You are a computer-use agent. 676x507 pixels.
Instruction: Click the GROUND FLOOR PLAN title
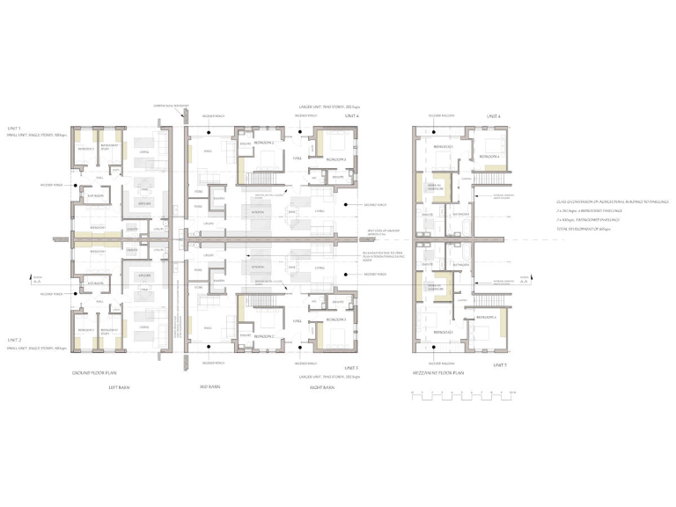[95, 373]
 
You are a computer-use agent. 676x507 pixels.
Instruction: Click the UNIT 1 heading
[13, 129]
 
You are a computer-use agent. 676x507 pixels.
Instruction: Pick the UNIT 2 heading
[13, 340]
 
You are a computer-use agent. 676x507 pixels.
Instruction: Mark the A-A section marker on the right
[525, 279]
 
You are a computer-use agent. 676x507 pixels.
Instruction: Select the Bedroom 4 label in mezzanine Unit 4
[489, 158]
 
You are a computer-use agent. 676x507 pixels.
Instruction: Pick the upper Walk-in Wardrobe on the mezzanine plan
[434, 188]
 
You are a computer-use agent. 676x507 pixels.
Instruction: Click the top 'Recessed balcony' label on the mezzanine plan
[439, 115]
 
